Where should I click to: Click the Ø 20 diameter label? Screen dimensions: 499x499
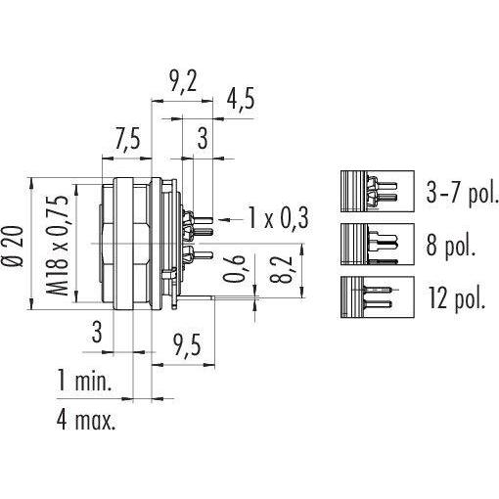15,247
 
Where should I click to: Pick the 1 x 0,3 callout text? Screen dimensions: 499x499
278,217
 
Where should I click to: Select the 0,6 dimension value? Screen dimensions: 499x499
234,268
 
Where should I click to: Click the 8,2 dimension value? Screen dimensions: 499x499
281,268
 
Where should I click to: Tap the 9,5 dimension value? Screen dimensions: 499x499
186,344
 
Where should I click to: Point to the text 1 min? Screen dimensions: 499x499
84,380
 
